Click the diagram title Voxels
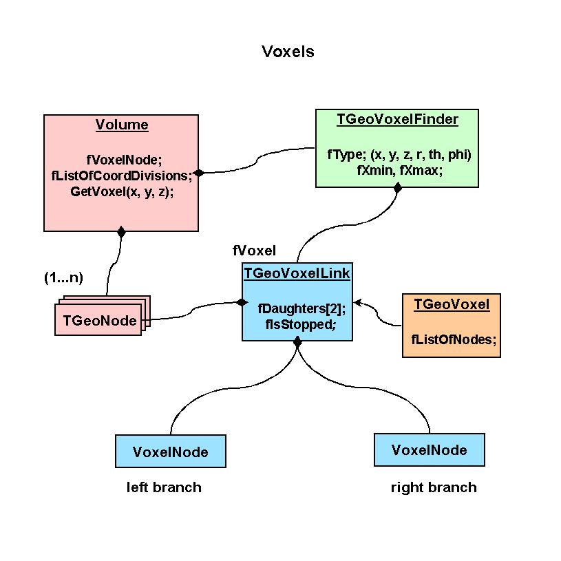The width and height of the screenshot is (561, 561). coord(288,52)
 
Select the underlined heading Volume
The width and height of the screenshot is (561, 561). coord(122,125)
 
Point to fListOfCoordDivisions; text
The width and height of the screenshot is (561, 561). coord(122,176)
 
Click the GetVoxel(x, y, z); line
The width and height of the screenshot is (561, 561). coord(122,192)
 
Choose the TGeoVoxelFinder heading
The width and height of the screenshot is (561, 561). coord(397,119)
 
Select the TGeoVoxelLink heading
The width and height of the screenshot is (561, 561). coord(297,273)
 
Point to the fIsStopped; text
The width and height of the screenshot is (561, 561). coord(301,323)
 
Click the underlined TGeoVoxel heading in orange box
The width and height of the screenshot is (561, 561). coord(452,305)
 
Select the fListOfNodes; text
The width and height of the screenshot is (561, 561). coord(454,339)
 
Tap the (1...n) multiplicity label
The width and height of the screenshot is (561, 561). coord(63,278)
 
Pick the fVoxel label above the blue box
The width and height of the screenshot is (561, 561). coord(254,250)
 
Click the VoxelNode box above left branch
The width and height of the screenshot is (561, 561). coord(171,452)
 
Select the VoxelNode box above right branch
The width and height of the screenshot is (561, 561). coord(429,450)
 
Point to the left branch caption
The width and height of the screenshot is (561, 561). coord(164,487)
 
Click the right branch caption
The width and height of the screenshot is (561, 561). coord(434,487)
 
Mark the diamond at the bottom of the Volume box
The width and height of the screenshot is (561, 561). coord(121,232)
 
